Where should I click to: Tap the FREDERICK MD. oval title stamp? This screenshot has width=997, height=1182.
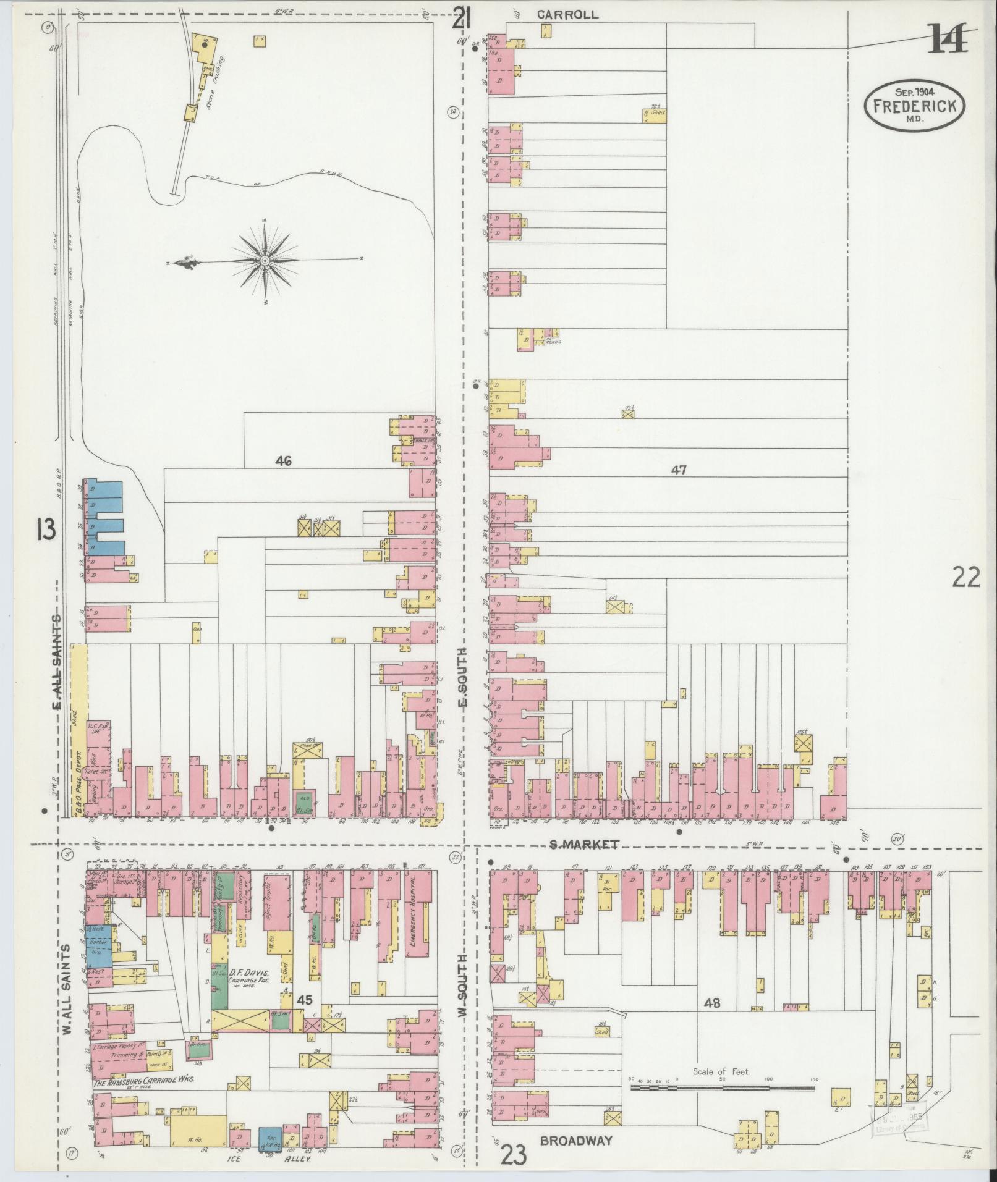coord(914,106)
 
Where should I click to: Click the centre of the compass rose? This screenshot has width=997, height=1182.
coord(265,262)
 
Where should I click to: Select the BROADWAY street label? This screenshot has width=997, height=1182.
coord(575,1141)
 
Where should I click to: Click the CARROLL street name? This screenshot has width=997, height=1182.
coord(567,14)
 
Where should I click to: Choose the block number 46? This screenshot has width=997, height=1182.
coord(284,460)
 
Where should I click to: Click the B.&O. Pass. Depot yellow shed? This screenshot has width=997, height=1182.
coord(78,729)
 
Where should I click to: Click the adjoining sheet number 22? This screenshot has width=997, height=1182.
coord(966,578)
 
